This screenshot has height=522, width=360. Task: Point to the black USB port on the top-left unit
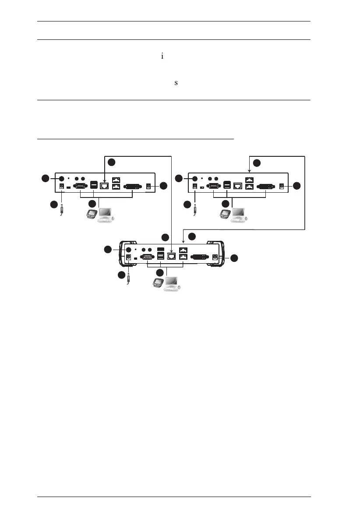93,185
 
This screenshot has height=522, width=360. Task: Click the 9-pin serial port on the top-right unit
212,186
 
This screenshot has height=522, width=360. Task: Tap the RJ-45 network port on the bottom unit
172,257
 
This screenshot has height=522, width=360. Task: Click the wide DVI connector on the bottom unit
201,257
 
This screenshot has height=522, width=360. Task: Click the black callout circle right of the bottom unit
235,258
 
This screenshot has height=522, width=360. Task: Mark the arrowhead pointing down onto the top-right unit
250,173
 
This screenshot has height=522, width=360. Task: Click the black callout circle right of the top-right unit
297,186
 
